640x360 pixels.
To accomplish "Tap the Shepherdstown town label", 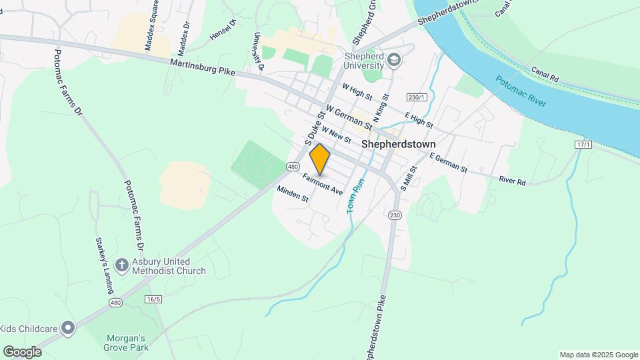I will pos(399,143).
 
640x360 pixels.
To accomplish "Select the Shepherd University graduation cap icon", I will pos(395,60).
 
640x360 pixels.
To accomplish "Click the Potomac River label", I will pos(521,91).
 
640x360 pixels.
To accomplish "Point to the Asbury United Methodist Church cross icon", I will pos(121,265).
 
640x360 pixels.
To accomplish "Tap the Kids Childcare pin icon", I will pos(67,327).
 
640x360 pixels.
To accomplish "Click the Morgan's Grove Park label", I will pos(125,341).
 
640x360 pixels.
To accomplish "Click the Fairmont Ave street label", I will pos(322,184).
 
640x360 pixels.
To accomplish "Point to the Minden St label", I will pos(293,194).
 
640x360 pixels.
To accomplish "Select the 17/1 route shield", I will pos(582,145).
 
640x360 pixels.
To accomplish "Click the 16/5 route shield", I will pos(153,299).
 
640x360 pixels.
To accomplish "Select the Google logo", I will pos(22,351).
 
